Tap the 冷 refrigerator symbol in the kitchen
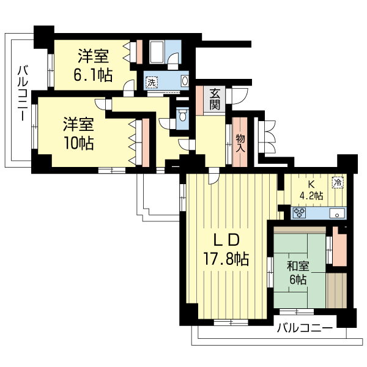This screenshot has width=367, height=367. point(337,182)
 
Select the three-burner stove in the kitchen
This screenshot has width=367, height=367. point(300,213)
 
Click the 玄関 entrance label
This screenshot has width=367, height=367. point(215,98)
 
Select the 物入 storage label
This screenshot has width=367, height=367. point(240,143)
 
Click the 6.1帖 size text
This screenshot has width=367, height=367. point(94,75)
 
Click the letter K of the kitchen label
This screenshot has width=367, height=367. point(311,184)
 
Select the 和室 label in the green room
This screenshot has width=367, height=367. point(298,267)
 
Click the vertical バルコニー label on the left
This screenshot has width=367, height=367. point(23,92)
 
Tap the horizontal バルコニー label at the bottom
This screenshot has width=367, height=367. point(304,328)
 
